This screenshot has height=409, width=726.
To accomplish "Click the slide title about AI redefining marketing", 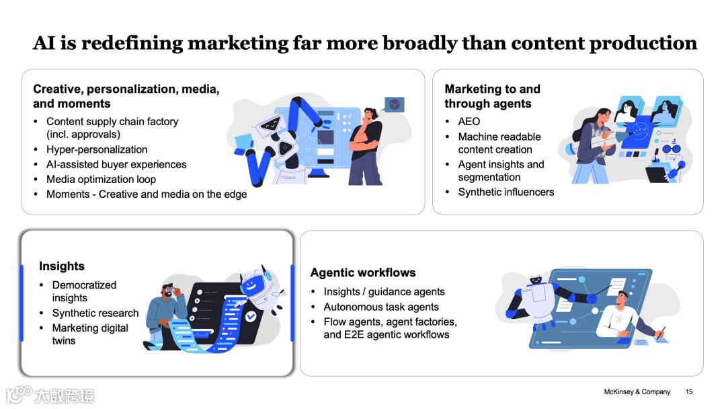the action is click(x=365, y=43).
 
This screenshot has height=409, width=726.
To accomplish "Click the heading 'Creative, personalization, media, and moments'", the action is click(x=126, y=96).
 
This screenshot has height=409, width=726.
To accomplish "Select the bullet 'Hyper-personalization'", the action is click(x=97, y=149).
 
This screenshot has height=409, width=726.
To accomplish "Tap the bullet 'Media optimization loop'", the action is click(x=101, y=179).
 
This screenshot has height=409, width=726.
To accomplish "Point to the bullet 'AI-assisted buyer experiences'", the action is click(x=116, y=164).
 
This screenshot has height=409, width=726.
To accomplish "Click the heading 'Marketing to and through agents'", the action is click(x=492, y=96).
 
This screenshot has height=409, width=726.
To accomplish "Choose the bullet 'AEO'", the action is click(x=469, y=121).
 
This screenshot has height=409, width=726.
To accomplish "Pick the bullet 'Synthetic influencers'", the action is click(x=506, y=192).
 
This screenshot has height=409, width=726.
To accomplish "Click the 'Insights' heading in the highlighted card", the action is click(x=62, y=266).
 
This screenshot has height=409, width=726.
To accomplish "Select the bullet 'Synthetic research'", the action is click(x=95, y=313).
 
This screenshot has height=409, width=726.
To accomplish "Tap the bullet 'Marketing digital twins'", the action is click(x=90, y=334).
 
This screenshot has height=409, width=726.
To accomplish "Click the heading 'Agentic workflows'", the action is click(x=363, y=272).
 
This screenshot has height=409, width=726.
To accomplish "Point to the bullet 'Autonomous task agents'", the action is click(x=381, y=306).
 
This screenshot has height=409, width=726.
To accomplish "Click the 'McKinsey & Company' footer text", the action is click(x=637, y=392).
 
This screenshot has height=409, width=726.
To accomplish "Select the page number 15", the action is click(x=689, y=392).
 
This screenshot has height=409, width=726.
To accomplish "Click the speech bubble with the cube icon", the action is click(x=395, y=104).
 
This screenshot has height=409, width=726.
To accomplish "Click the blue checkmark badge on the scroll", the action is click(x=251, y=315).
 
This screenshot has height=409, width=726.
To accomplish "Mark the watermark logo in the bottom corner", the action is click(x=50, y=394).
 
